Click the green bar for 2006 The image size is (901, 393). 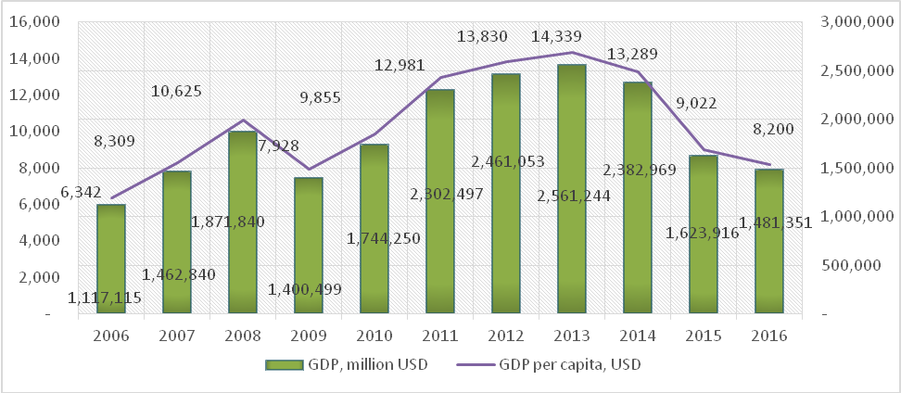[111, 260]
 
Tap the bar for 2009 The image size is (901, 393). [309, 246]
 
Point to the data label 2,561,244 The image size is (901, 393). [574, 196]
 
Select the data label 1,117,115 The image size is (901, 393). [105, 298]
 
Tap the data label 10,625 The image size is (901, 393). [176, 91]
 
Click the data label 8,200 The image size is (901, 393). [775, 129]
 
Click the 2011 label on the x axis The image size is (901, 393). [440, 336]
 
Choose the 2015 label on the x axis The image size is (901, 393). [704, 336]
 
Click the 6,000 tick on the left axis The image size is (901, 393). [43, 205]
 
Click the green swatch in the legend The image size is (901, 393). [284, 364]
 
